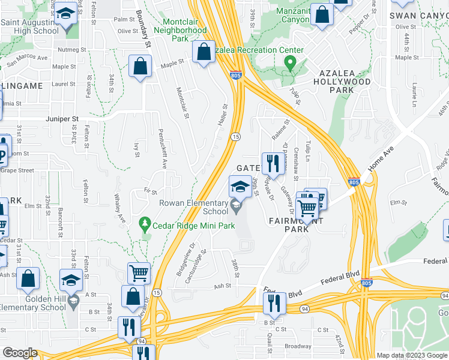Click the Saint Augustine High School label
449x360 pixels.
(x=36, y=26)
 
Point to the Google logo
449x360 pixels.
(x=20, y=352)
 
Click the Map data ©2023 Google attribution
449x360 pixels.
(x=411, y=355)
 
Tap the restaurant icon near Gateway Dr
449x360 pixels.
(x=273, y=163)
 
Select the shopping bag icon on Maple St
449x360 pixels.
(x=140, y=67)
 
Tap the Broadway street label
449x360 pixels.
(x=298, y=346)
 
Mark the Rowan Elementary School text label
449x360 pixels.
(x=193, y=207)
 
